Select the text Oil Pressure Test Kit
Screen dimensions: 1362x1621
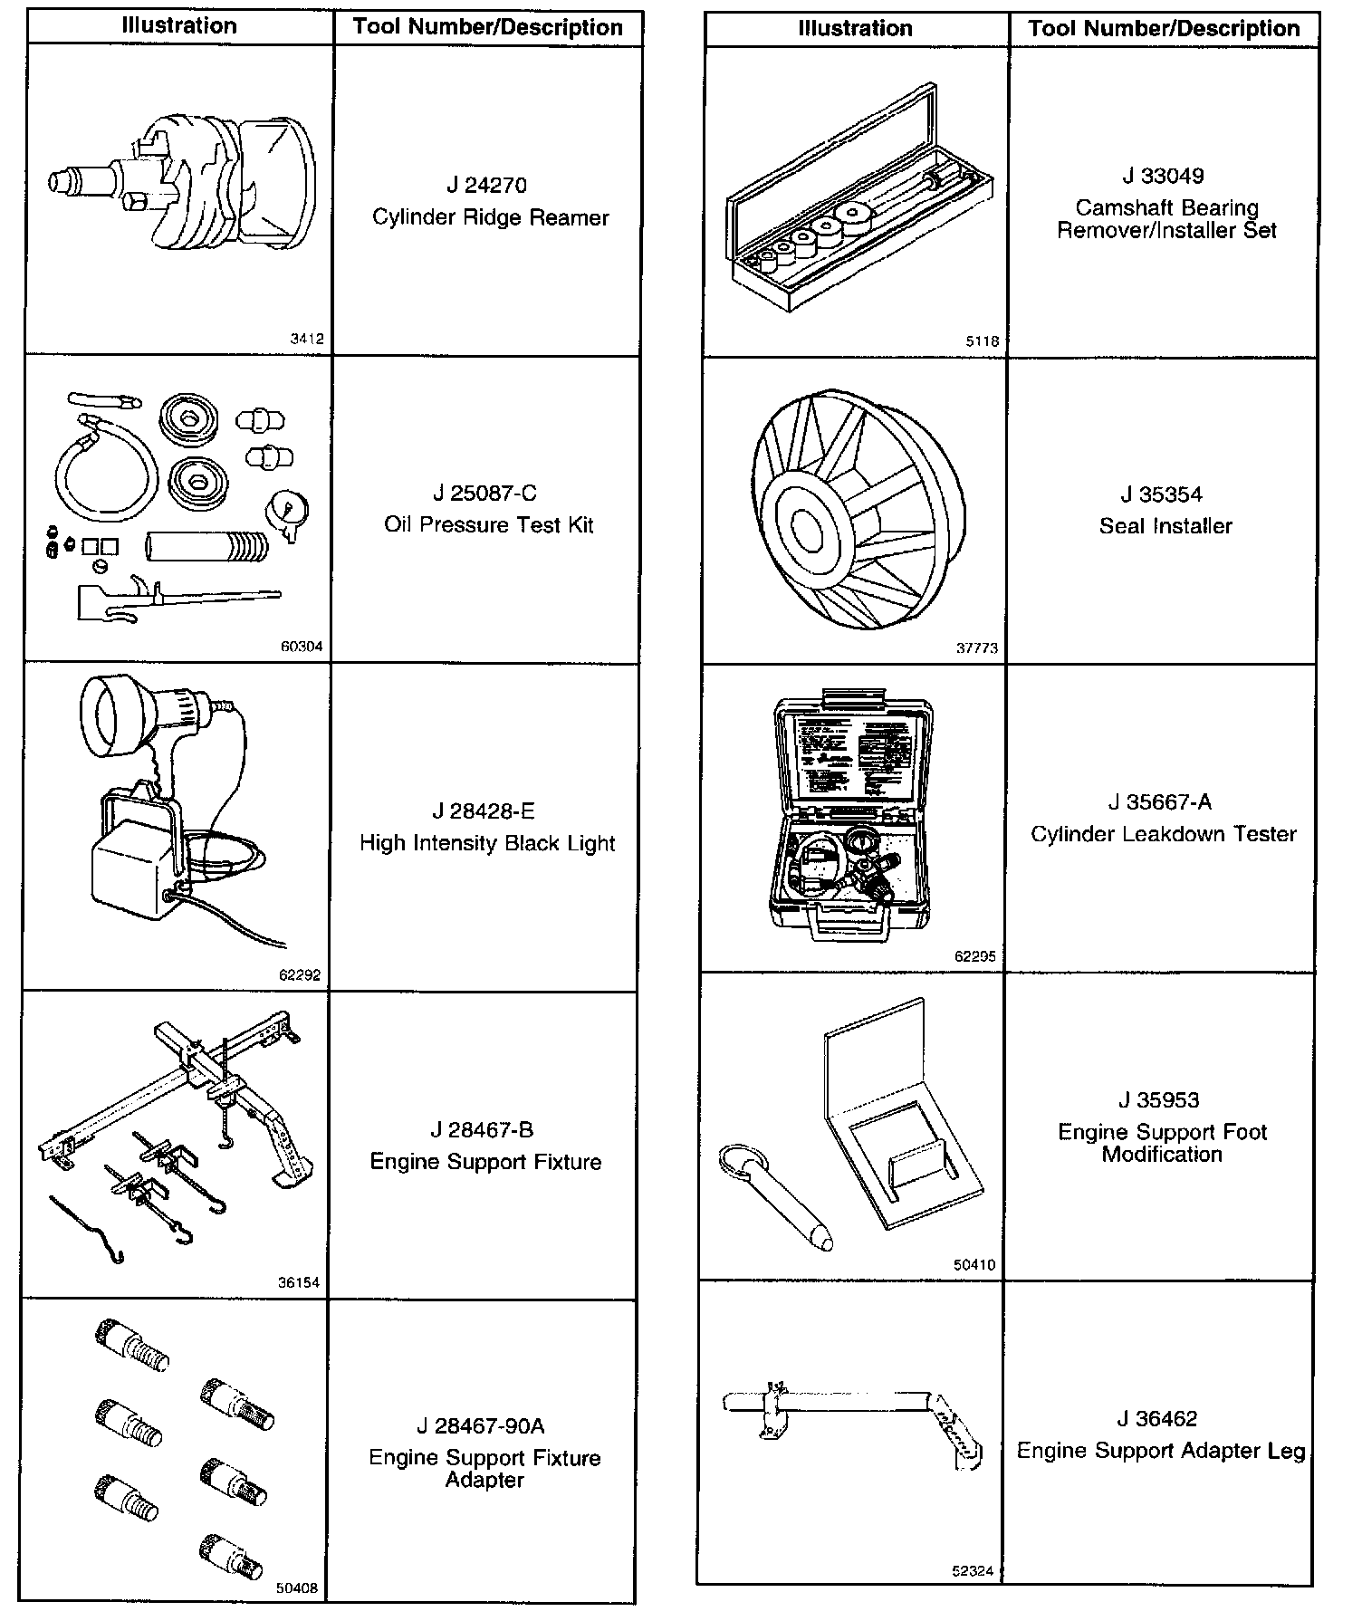(488, 525)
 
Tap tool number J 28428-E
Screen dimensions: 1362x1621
(486, 811)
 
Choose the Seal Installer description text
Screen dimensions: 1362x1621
(1165, 526)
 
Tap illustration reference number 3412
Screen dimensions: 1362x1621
(306, 339)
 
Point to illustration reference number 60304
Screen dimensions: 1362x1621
(302, 647)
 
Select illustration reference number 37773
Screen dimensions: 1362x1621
(976, 648)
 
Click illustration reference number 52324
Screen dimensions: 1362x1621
(973, 1571)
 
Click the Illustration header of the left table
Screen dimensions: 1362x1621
(179, 26)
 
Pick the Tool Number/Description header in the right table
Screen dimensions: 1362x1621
(1164, 29)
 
